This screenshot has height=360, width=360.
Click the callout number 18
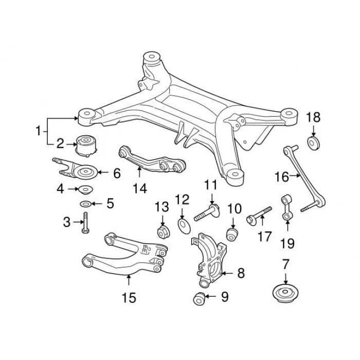(313, 117)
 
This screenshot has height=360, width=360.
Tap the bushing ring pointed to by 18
(313, 143)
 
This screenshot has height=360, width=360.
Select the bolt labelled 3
(85, 223)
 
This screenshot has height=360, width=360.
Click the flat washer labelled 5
(86, 204)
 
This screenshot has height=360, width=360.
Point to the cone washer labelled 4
(86, 190)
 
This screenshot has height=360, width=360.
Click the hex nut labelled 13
(163, 231)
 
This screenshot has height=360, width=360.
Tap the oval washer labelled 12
(184, 226)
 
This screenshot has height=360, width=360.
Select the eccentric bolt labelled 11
(207, 212)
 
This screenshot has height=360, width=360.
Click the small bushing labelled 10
(232, 234)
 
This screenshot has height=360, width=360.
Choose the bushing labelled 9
(199, 299)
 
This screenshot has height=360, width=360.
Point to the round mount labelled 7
(285, 294)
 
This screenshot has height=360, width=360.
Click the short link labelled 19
(286, 207)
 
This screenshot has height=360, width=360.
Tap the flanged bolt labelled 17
(259, 214)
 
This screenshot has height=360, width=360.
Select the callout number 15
(129, 298)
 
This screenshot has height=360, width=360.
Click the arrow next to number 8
(227, 273)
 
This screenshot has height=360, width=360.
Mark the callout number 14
(140, 189)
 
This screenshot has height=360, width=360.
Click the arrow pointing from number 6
(104, 172)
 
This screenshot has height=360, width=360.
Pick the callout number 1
(38, 131)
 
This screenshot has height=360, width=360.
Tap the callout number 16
(282, 177)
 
